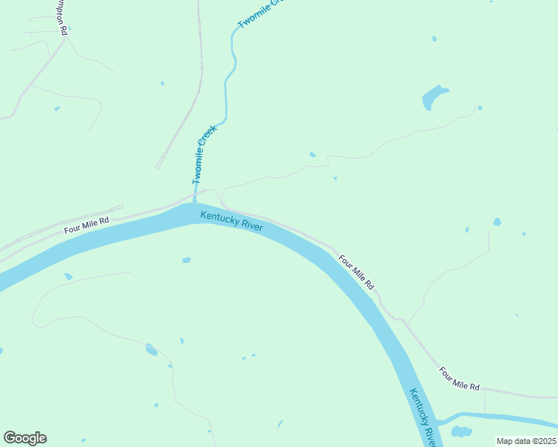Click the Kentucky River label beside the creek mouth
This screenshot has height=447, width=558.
231,221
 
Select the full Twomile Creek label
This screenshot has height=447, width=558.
204,155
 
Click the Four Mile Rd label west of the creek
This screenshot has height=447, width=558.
87,226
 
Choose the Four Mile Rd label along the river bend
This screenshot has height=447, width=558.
356,273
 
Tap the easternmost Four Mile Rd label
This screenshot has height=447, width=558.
459,378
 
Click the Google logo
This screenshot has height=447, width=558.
25,438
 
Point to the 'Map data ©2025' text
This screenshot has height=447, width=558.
526,440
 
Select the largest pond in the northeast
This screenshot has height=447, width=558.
433,97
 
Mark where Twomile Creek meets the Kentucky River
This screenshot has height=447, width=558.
195,202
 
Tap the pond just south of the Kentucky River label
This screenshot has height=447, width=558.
186,260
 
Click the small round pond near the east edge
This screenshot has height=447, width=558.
497,222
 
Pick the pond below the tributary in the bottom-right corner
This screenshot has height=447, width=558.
461,431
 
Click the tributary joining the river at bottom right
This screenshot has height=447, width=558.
492,416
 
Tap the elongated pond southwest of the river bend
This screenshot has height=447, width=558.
151,349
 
